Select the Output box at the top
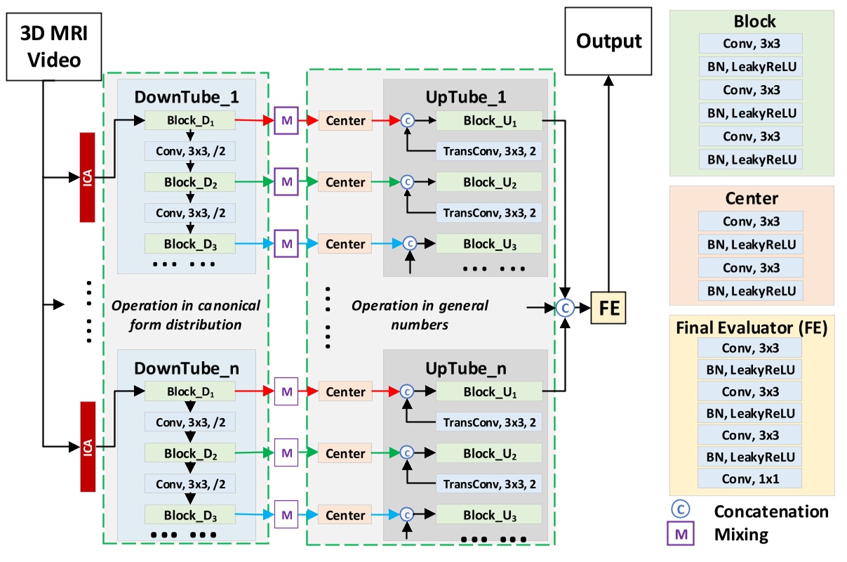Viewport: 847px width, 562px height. [x=608, y=41]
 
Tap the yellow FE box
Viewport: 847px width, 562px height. [x=609, y=308]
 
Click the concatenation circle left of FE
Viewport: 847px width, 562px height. [x=566, y=307]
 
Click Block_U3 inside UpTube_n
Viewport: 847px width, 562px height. [x=489, y=515]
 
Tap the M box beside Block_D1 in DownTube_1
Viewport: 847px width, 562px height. [x=286, y=121]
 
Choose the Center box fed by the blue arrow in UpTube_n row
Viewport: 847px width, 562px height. [x=345, y=515]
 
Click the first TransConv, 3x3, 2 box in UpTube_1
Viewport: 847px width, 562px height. [x=488, y=151]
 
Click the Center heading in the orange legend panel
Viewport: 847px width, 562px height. [x=751, y=198]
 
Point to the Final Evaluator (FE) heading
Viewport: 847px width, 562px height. [x=751, y=327]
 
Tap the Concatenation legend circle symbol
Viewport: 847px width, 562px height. [x=680, y=511]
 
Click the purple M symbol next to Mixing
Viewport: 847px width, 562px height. [x=680, y=535]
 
